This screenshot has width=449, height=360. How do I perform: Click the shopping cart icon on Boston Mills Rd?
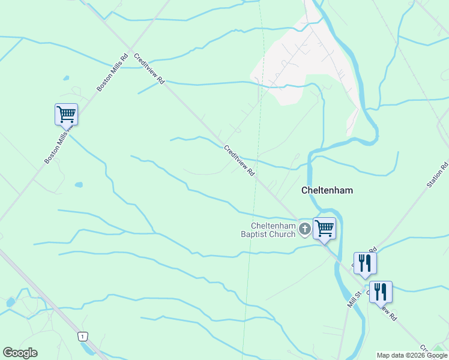pos(66,114)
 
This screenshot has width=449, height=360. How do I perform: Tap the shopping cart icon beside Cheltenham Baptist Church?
pos(324,228)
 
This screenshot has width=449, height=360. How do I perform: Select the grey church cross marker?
pos(305,228)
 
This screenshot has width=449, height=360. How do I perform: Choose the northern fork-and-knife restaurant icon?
pos(364,263)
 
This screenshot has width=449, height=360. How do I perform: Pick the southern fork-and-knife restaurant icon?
pos(380,292)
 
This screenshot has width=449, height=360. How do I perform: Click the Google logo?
pos(20,353)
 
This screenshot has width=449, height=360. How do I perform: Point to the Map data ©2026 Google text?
pos(412,355)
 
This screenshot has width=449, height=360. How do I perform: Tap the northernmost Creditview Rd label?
pos(149,68)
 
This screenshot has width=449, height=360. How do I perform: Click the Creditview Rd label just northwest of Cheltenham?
pos(240,161)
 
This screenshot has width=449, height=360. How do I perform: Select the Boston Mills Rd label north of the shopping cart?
pos(112,74)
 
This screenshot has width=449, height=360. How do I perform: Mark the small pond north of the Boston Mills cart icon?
pos(65,79)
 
